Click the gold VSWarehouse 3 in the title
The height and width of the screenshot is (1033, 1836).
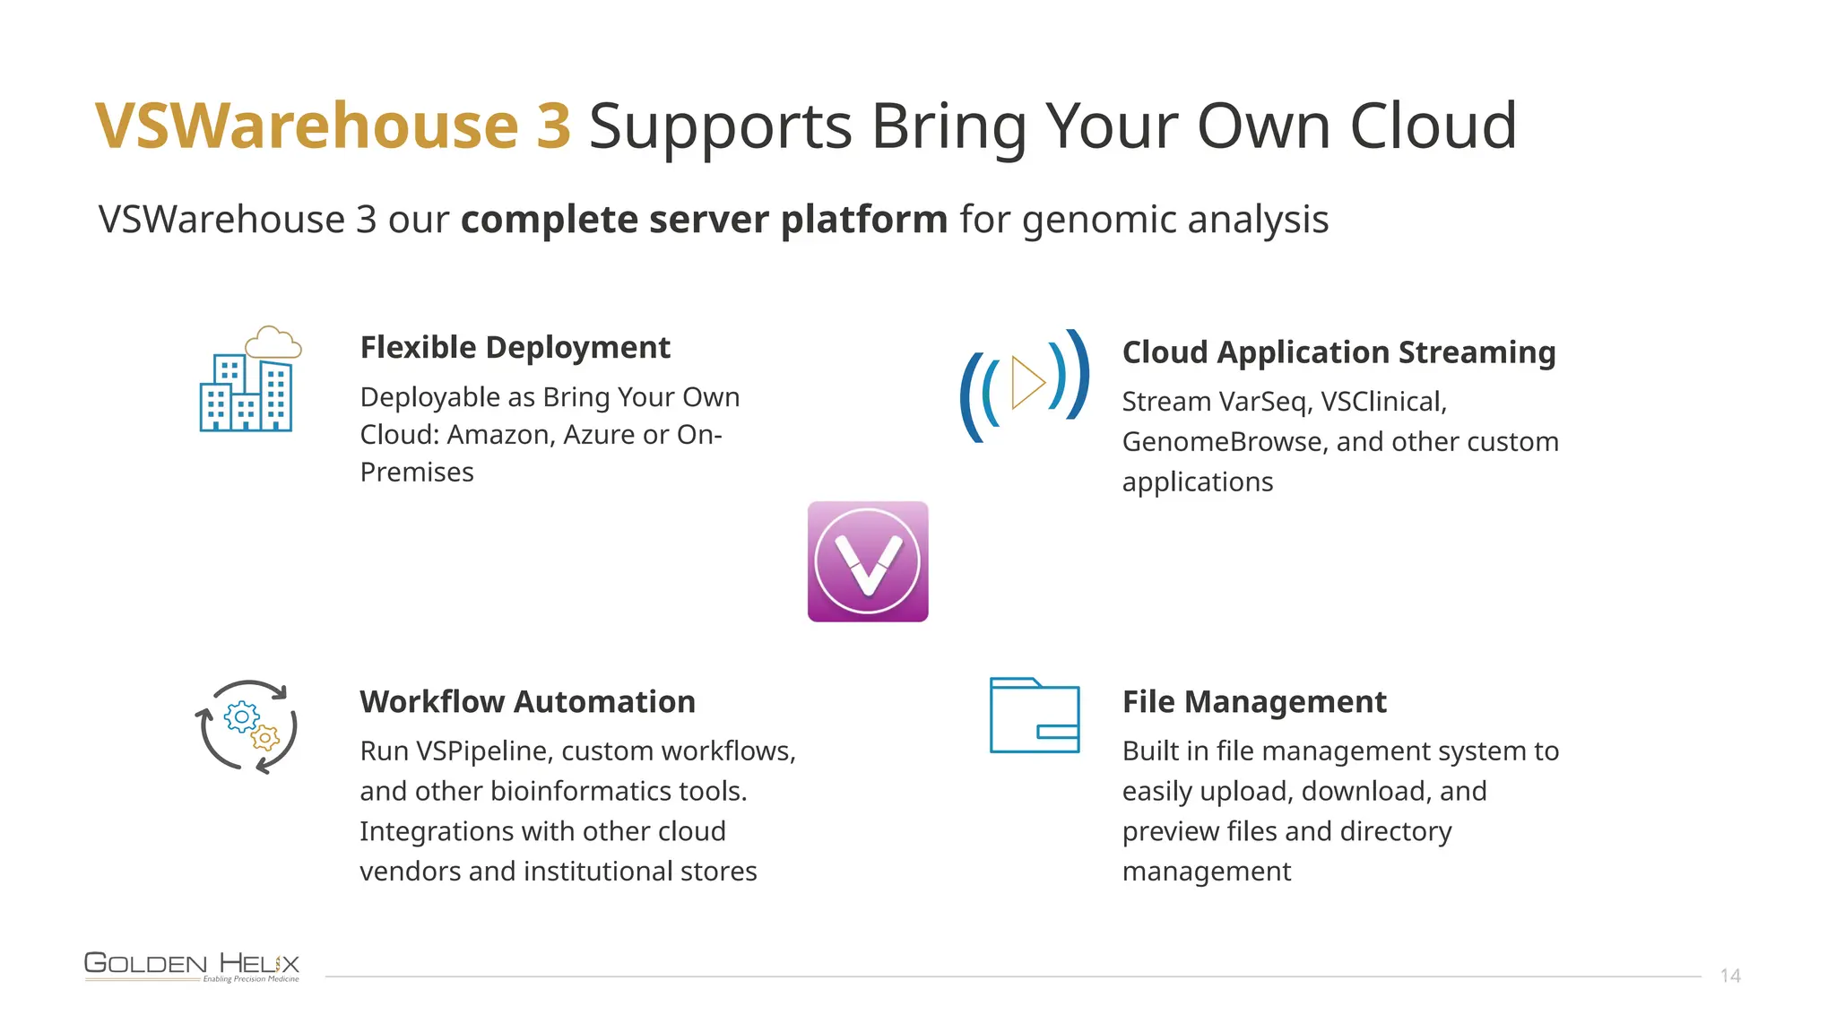[333, 126]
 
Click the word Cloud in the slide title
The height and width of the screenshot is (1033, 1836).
[1433, 126]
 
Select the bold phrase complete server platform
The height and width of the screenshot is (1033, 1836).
[704, 220]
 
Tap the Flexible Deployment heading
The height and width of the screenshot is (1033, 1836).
[515, 348]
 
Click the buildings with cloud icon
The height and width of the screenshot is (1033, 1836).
[248, 379]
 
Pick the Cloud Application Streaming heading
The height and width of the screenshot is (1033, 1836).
[1338, 352]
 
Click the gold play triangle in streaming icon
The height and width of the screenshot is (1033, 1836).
[1026, 383]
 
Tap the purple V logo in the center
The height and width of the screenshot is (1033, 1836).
[867, 561]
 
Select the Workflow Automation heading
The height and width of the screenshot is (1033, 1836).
[527, 701]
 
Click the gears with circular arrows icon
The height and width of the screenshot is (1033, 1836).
[247, 726]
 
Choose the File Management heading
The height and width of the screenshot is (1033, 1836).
[1253, 701]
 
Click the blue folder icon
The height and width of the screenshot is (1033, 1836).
[1034, 716]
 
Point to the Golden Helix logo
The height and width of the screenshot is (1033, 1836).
[192, 966]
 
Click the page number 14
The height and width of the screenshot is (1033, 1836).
[1729, 976]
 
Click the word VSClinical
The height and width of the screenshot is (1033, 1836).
[1382, 402]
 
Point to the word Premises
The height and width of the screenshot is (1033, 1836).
[417, 473]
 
